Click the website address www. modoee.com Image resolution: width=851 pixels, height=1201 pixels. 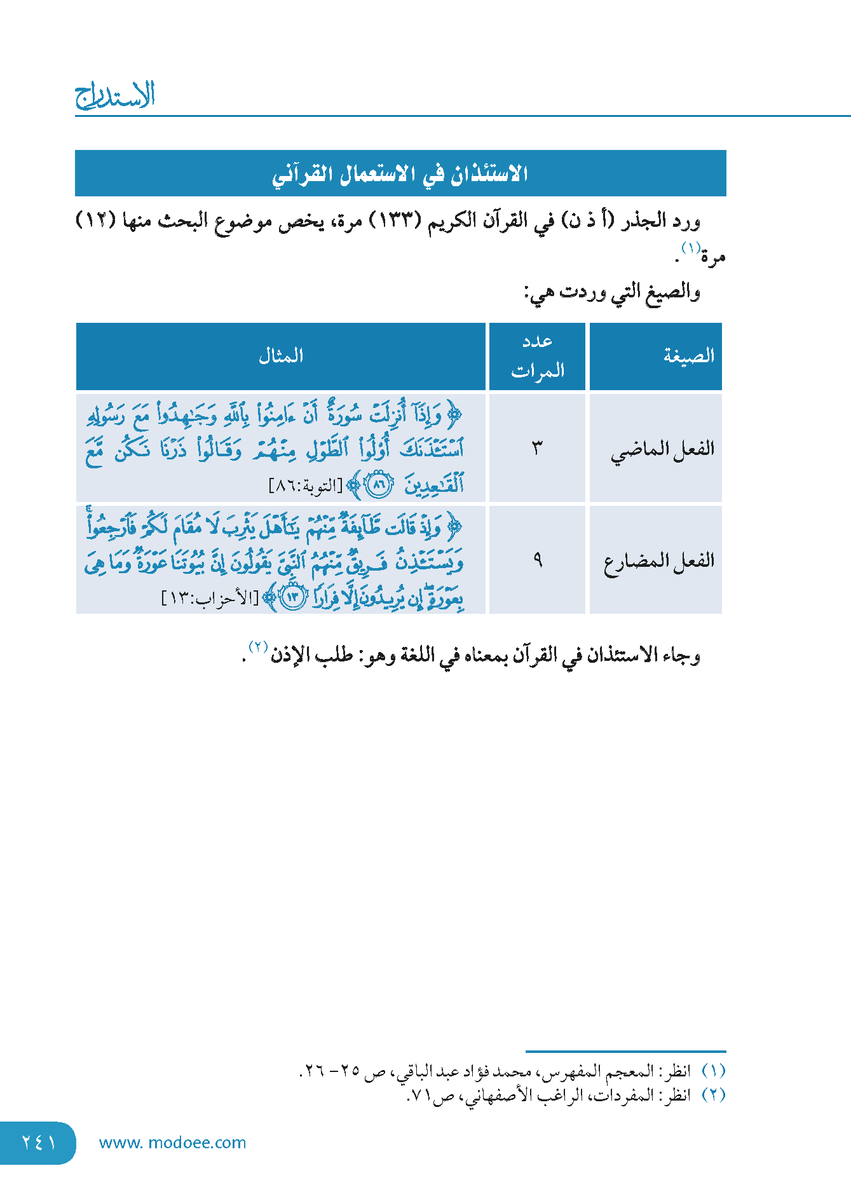click(x=172, y=1143)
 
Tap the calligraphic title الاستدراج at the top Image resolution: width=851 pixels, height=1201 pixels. click(x=115, y=95)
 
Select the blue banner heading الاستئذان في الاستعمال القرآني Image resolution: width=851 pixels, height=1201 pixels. click(x=400, y=173)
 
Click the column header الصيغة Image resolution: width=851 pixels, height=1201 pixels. click(x=688, y=356)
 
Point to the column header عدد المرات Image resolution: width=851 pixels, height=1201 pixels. click(x=538, y=356)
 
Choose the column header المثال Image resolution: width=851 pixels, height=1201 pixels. click(x=281, y=356)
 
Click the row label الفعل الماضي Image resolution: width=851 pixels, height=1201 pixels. click(x=662, y=449)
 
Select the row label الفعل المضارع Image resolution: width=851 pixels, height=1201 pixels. click(x=658, y=561)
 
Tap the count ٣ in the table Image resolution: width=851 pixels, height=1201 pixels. click(x=538, y=448)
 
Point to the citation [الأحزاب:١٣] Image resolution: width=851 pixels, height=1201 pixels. click(x=210, y=599)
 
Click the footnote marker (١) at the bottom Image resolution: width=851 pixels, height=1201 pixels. click(x=713, y=1071)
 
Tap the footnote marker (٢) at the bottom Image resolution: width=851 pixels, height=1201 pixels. click(x=713, y=1096)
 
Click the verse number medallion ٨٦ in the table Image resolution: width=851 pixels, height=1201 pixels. click(x=379, y=485)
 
